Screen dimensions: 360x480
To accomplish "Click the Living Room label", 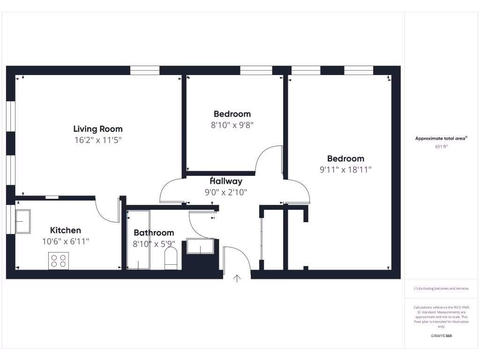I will pyautogui.click(x=98, y=129).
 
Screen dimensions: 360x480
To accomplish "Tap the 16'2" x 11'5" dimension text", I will pyautogui.click(x=98, y=140).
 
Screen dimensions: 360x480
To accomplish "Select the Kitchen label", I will pyautogui.click(x=66, y=230).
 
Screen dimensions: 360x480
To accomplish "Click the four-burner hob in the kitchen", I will pyautogui.click(x=59, y=261).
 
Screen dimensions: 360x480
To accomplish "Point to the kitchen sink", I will pyautogui.click(x=23, y=221).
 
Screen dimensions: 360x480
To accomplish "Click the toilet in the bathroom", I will pyautogui.click(x=171, y=259).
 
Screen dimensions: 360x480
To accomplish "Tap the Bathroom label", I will pyautogui.click(x=154, y=232).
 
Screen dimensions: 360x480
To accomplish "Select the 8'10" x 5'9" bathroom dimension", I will pyautogui.click(x=154, y=244).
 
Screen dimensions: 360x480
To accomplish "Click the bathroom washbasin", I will pyautogui.click(x=200, y=246).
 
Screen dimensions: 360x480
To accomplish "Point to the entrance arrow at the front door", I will pyautogui.click(x=237, y=278).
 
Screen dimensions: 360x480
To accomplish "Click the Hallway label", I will pyautogui.click(x=226, y=181).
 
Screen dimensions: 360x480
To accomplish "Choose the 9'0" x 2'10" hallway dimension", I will pyautogui.click(x=226, y=192).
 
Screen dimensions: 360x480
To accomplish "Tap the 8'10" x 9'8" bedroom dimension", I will pyautogui.click(x=232, y=125).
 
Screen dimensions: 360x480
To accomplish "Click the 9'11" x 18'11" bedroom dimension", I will pyautogui.click(x=345, y=170).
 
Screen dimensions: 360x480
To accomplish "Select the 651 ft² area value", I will pyautogui.click(x=441, y=146).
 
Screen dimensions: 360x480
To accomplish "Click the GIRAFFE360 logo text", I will pyautogui.click(x=441, y=336).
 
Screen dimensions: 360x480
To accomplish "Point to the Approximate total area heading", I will pyautogui.click(x=441, y=138).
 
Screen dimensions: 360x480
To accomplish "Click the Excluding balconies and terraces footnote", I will pyautogui.click(x=441, y=289).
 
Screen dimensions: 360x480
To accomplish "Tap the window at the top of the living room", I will pyautogui.click(x=145, y=71).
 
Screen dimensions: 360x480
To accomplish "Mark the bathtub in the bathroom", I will pyautogui.click(x=138, y=240).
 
